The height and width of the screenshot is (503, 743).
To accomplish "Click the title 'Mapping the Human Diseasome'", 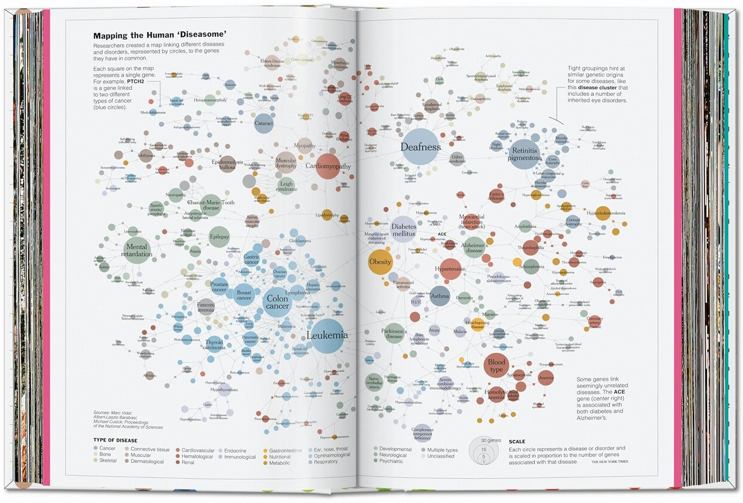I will (x=160, y=35).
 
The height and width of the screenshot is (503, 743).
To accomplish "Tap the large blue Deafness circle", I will (x=421, y=147).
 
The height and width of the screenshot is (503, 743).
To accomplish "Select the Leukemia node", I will (x=327, y=335).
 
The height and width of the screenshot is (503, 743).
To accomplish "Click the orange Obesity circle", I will (x=380, y=262).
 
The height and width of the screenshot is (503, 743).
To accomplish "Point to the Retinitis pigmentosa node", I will (x=524, y=154).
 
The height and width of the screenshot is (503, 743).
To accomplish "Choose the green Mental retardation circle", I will (x=137, y=250).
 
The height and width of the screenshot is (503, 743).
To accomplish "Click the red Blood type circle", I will (x=496, y=366).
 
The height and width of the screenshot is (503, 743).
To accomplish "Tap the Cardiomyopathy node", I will (x=328, y=167).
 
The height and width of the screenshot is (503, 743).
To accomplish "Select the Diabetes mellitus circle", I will (x=404, y=230).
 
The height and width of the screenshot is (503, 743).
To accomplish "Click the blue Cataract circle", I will (x=264, y=123).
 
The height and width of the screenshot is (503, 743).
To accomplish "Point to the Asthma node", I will (x=440, y=296).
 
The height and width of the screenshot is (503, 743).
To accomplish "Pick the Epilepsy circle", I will (x=219, y=236).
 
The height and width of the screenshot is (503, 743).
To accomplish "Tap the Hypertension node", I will (x=450, y=269).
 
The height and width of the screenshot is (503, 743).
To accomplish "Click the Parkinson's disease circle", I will (x=394, y=334).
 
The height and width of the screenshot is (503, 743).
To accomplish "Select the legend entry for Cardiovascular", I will (x=198, y=450).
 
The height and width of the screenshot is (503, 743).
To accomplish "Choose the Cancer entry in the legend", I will (x=107, y=448).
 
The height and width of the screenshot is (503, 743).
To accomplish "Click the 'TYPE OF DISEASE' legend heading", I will (x=115, y=440).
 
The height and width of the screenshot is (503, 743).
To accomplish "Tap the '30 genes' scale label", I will (x=491, y=440).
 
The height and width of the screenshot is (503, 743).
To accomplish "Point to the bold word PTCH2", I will (x=135, y=81).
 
